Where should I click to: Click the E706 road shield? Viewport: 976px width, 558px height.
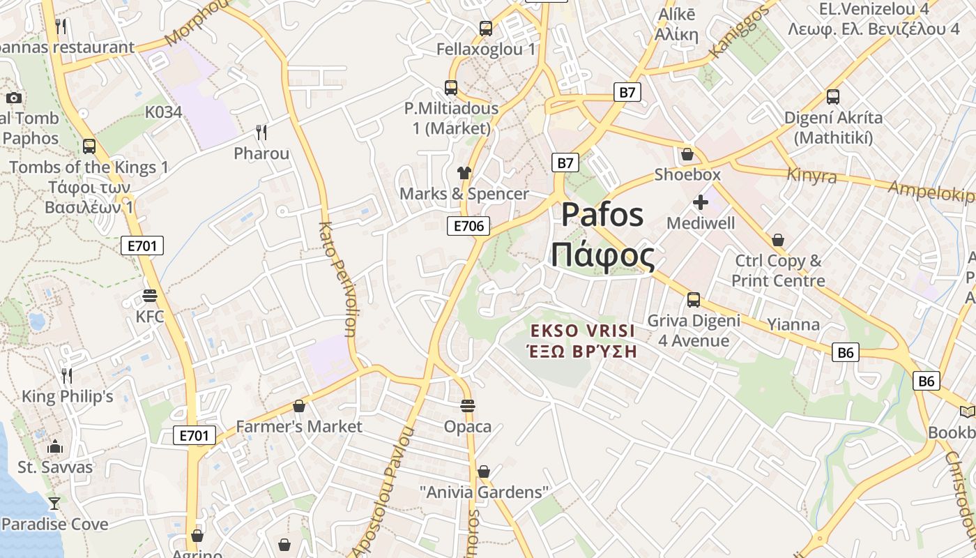pyautogui.click(x=468, y=225)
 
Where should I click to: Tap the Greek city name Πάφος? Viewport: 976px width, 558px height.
pyautogui.click(x=603, y=256)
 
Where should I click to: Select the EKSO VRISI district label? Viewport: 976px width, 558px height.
pyautogui.click(x=583, y=331)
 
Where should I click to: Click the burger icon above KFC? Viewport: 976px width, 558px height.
pyautogui.click(x=149, y=296)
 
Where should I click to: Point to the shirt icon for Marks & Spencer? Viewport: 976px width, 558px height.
pyautogui.click(x=464, y=172)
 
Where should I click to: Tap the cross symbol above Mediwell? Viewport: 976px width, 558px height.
pyautogui.click(x=701, y=202)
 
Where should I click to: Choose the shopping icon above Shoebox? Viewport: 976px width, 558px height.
pyautogui.click(x=687, y=154)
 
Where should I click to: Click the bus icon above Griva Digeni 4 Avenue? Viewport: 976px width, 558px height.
pyautogui.click(x=693, y=300)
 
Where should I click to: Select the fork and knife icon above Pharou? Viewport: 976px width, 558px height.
pyautogui.click(x=261, y=132)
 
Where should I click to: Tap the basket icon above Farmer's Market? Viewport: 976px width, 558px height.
pyautogui.click(x=299, y=405)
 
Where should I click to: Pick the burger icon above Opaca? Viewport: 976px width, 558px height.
pyautogui.click(x=468, y=405)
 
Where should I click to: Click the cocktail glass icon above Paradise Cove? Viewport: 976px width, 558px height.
pyautogui.click(x=54, y=503)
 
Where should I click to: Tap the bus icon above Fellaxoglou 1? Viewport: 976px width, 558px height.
pyautogui.click(x=486, y=29)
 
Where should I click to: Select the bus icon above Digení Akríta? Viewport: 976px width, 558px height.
pyautogui.click(x=832, y=97)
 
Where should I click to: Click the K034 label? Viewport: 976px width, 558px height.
pyautogui.click(x=163, y=112)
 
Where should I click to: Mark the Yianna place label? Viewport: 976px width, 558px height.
pyautogui.click(x=793, y=324)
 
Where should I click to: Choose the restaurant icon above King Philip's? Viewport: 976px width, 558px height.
pyautogui.click(x=67, y=375)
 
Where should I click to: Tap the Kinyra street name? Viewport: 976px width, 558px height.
pyautogui.click(x=811, y=175)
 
